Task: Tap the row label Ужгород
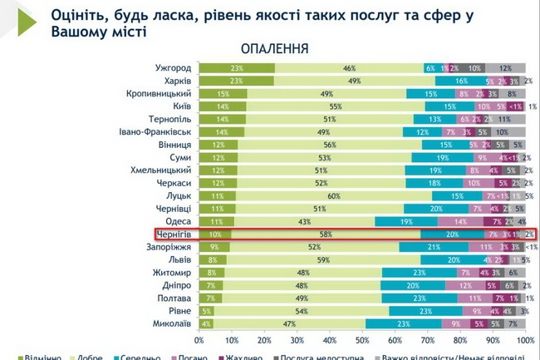[174, 67]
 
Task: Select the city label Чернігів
[174, 234]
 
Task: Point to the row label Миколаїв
[173, 323]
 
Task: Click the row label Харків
[178, 81]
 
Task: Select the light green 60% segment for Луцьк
[332, 195]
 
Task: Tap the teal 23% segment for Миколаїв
[403, 323]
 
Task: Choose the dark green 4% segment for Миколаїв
[205, 323]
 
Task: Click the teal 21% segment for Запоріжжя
[433, 247]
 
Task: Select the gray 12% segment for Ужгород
[505, 67]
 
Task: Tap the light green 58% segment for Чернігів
[326, 234]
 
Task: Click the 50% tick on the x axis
[362, 340]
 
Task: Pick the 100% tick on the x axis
[523, 340]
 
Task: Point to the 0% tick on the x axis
[199, 340]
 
